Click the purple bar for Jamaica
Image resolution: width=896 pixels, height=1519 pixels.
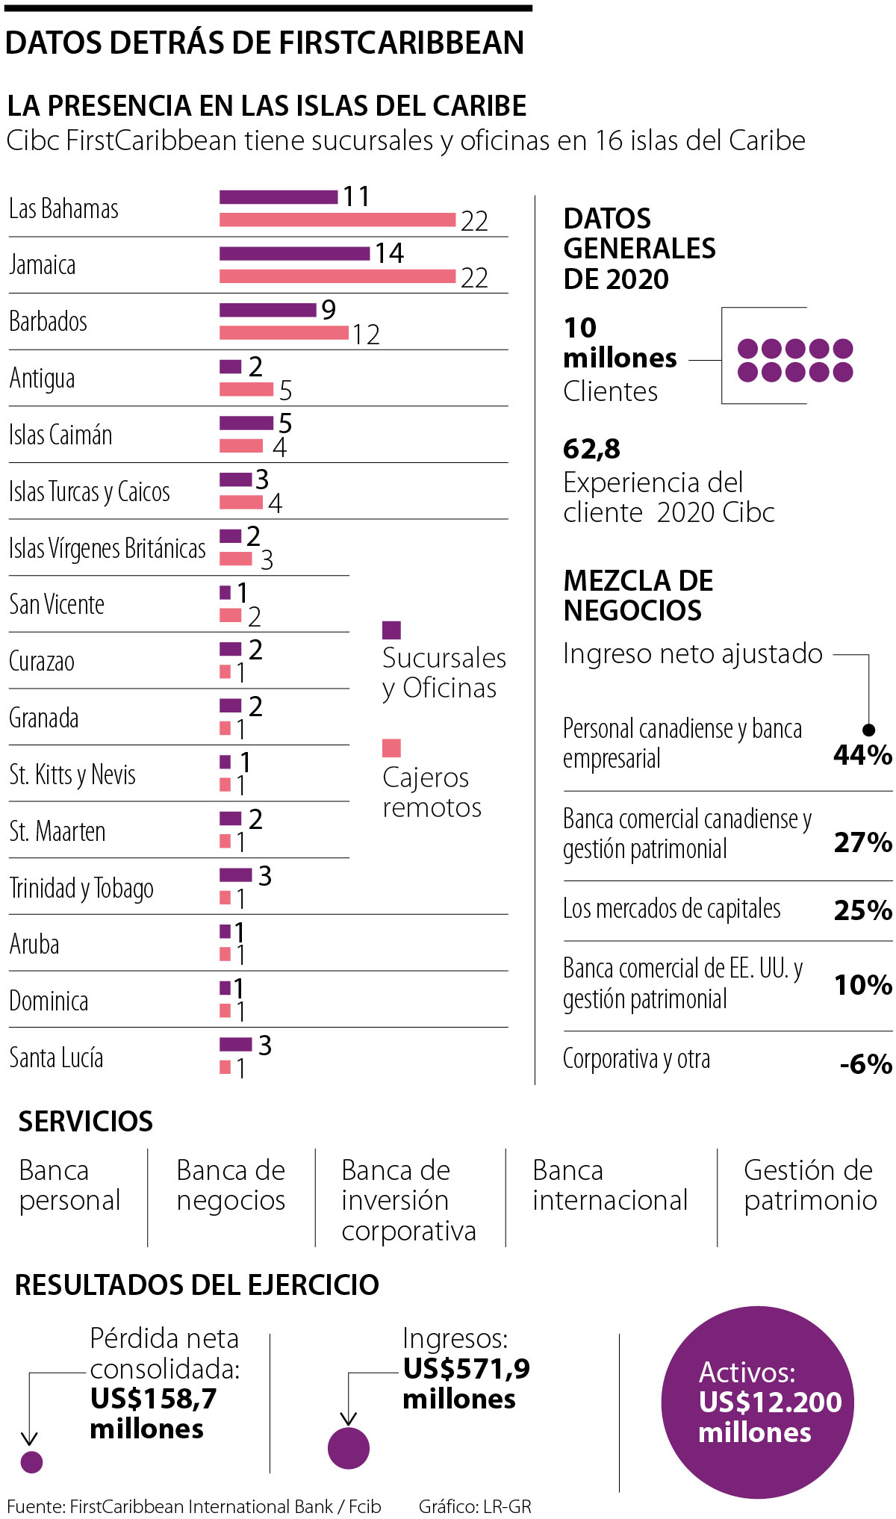pyautogui.click(x=294, y=253)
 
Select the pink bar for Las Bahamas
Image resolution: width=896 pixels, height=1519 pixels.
pyautogui.click(x=337, y=220)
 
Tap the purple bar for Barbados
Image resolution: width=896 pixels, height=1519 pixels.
pyautogui.click(x=267, y=310)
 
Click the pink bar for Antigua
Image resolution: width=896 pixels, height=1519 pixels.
pyautogui.click(x=246, y=389)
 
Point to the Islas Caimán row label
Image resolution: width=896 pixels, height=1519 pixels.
pyautogui.click(x=60, y=435)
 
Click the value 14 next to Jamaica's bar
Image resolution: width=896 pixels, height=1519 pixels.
pyautogui.click(x=389, y=253)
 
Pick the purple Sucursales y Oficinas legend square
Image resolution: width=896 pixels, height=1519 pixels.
pyautogui.click(x=391, y=630)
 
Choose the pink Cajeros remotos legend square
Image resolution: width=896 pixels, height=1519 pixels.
pyautogui.click(x=391, y=748)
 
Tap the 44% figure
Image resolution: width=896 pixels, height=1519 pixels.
pyautogui.click(x=862, y=755)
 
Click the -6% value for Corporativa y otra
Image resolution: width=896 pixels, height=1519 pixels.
pyautogui.click(x=865, y=1063)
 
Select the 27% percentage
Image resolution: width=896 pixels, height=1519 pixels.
pyautogui.click(x=862, y=842)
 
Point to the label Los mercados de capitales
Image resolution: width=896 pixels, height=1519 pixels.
pyautogui.click(x=671, y=909)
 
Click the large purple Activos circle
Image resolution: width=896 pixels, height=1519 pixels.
pyautogui.click(x=757, y=1402)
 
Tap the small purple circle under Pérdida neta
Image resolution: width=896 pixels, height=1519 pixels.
pyautogui.click(x=31, y=1461)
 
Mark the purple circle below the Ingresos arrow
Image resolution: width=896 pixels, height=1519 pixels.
pyautogui.click(x=349, y=1447)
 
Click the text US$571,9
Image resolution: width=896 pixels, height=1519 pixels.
pyautogui.click(x=467, y=1368)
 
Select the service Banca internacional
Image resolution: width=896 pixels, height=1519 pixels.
pyautogui.click(x=609, y=1185)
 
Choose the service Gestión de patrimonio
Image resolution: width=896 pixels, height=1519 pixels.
pyautogui.click(x=810, y=1185)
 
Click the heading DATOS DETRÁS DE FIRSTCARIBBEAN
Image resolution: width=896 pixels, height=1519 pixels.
pyautogui.click(x=264, y=43)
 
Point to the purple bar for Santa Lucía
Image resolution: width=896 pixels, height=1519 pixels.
pyautogui.click(x=235, y=1044)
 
